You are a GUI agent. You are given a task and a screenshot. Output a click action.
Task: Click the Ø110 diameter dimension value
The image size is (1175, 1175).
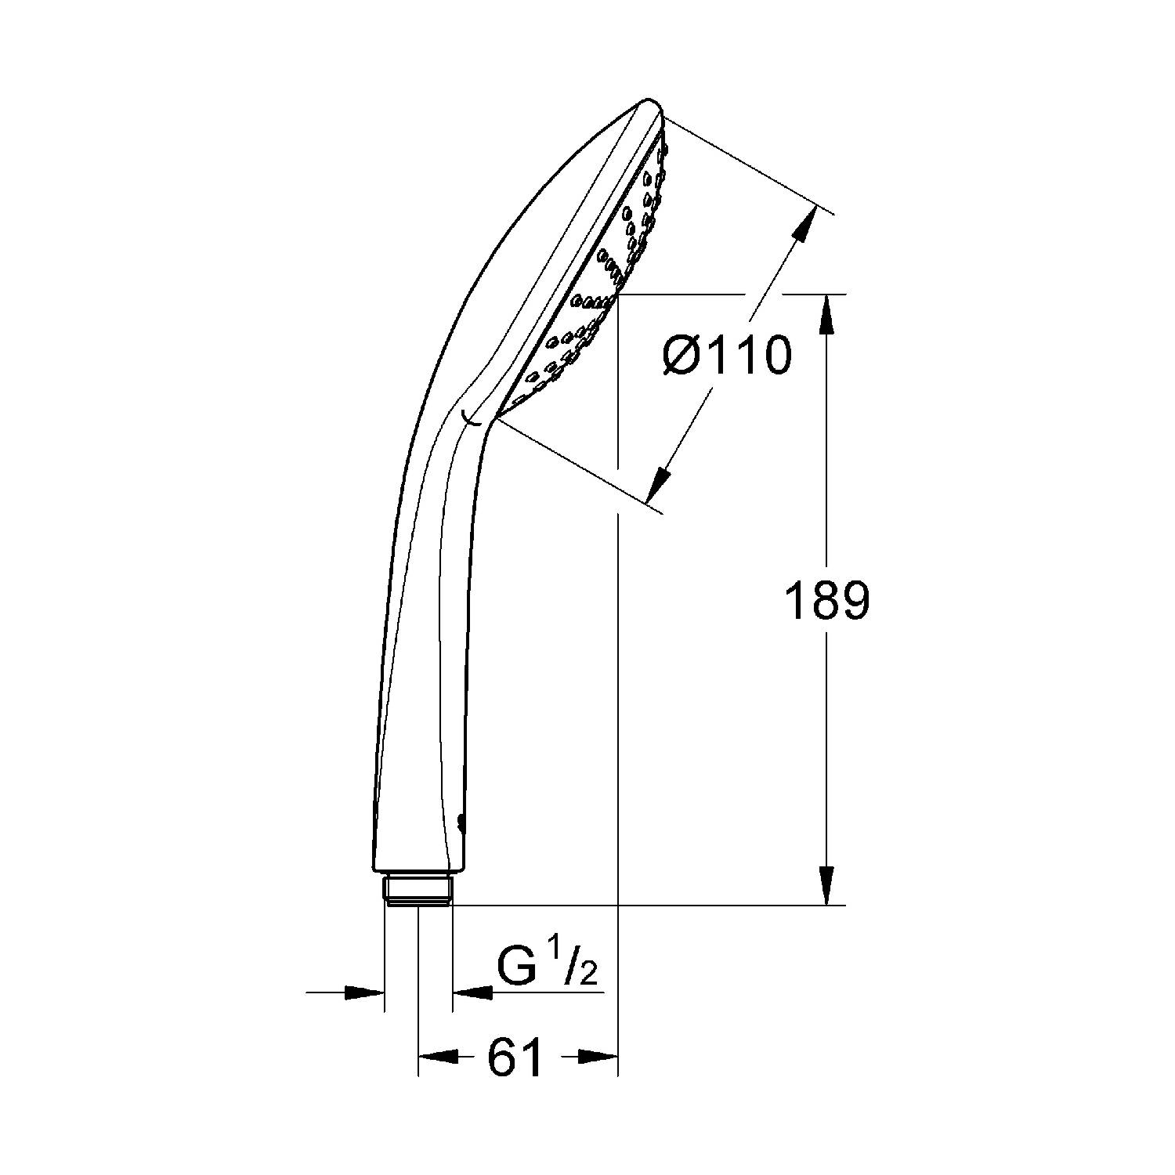727,356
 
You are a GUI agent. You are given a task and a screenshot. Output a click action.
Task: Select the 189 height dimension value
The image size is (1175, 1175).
827,602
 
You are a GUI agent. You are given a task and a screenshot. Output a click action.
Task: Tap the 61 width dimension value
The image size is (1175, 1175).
515,1057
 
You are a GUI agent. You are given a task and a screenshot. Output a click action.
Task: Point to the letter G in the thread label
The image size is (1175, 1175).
515,970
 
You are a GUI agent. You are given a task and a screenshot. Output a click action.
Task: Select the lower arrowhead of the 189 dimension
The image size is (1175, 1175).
827,886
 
